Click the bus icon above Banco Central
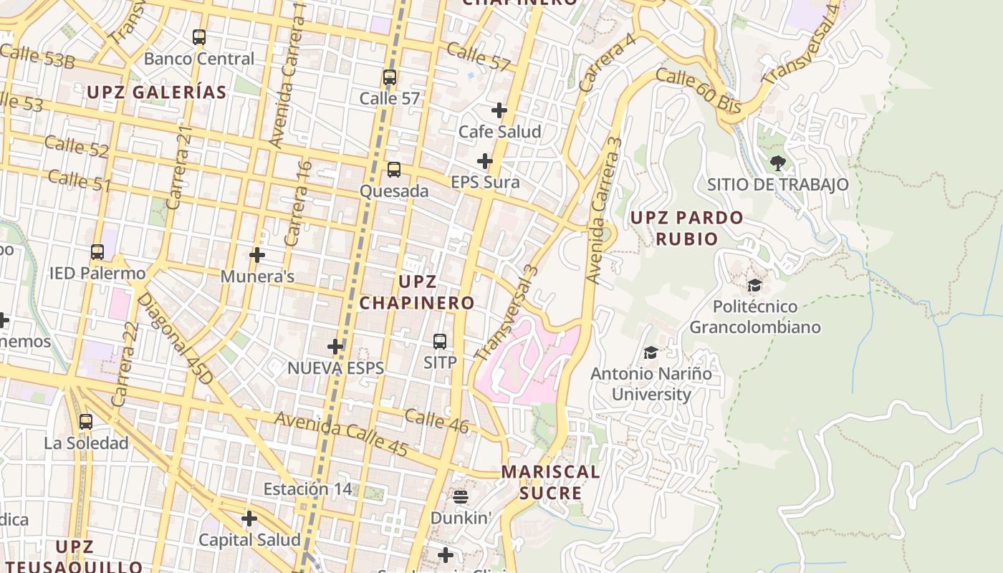[x=199, y=37]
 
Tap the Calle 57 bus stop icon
[x=390, y=77]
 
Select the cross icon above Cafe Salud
[x=499, y=110]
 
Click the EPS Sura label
[x=485, y=183]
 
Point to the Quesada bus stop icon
[x=394, y=170]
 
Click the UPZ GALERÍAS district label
[x=157, y=92]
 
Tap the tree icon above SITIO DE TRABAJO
[x=777, y=163]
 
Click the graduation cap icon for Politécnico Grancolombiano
[x=754, y=286]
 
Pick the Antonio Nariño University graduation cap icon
[x=651, y=352]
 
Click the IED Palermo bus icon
[x=97, y=252]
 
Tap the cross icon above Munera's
[x=257, y=255]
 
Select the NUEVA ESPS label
[x=335, y=368]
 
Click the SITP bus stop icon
[x=440, y=342]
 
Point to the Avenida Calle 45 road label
[x=342, y=434]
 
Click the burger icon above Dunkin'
[x=460, y=496]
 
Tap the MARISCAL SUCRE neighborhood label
[x=550, y=482]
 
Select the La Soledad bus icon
[x=86, y=422]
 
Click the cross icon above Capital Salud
[x=249, y=519]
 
